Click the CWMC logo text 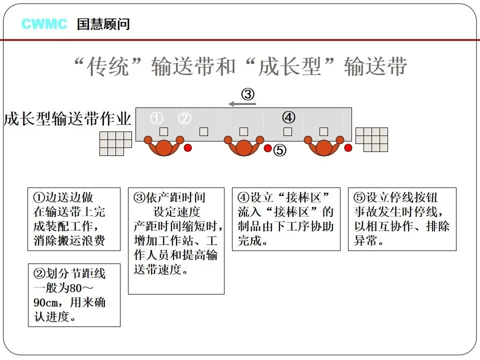click(44, 23)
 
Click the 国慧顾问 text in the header click(103, 23)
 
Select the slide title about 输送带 click(239, 66)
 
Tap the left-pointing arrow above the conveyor click(242, 104)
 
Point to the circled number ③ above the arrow click(248, 93)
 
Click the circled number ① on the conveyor click(157, 118)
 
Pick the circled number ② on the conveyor click(185, 118)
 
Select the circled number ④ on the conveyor click(288, 118)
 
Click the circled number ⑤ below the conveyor click(280, 149)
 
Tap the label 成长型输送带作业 click(67, 119)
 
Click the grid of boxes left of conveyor click(115, 143)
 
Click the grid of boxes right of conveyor click(371, 139)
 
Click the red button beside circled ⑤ click(268, 148)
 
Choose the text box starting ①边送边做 click(73, 219)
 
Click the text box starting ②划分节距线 click(73, 295)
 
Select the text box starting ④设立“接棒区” click(286, 219)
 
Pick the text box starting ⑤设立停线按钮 click(402, 219)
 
